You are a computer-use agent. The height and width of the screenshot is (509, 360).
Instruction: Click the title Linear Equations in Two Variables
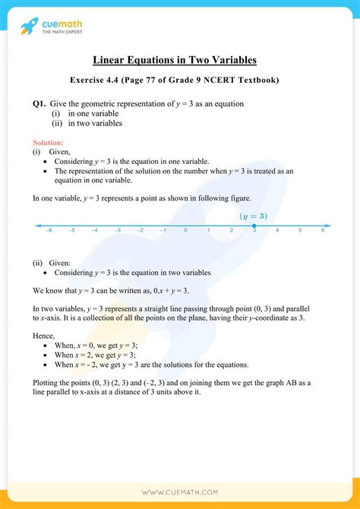tap(179, 60)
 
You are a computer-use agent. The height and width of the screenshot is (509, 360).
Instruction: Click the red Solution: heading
tap(48, 143)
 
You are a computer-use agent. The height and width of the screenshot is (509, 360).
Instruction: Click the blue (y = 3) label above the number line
tap(254, 215)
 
